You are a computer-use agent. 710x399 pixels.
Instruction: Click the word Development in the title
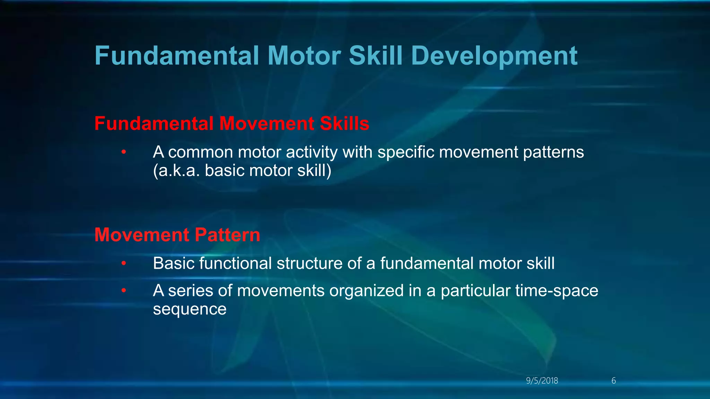click(494, 56)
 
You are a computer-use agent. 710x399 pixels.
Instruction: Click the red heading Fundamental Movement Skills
click(232, 124)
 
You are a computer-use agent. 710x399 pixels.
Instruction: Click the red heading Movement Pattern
click(177, 235)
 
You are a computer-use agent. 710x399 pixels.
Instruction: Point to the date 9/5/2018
click(542, 381)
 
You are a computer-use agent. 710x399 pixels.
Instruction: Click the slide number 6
click(613, 381)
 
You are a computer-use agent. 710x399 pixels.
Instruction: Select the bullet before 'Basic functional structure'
click(124, 264)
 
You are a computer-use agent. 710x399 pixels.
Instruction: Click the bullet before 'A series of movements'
click(124, 291)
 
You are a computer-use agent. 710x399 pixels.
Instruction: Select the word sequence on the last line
click(190, 309)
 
